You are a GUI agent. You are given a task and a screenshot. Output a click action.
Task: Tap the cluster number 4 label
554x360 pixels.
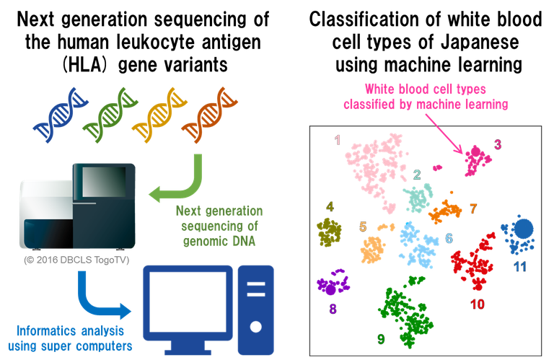tap(329, 206)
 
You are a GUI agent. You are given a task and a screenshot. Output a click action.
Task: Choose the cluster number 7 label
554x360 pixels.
tap(473, 209)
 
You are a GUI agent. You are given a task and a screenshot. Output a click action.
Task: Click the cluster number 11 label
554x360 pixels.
tap(520, 266)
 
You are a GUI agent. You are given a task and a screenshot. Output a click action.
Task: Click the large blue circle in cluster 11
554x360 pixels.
tap(523, 229)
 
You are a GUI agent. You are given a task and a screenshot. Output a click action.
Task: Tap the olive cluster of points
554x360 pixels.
tap(330, 232)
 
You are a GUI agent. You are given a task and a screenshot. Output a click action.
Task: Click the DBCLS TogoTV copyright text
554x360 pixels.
tap(76, 258)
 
